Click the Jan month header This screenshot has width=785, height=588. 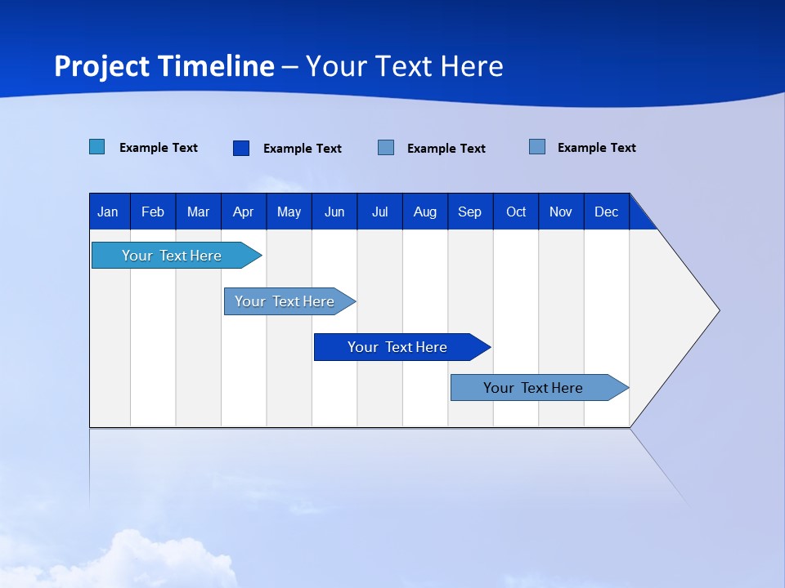pos(109,212)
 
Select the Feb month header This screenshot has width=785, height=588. pos(153,212)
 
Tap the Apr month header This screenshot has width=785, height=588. pos(244,212)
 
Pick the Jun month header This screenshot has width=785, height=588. pos(334,212)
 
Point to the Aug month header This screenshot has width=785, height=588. pos(425,212)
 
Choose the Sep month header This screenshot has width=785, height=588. pos(470,212)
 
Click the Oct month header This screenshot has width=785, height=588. pos(516,212)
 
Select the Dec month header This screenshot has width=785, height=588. pos(607,212)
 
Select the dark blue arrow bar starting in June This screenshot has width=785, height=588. pos(398,347)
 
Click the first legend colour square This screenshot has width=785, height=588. pos(96,147)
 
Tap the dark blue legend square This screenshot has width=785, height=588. pos(241,148)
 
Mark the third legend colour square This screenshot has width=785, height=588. pos(386,148)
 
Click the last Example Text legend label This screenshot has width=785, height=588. pos(596,148)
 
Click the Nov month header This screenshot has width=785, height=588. pos(561,212)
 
